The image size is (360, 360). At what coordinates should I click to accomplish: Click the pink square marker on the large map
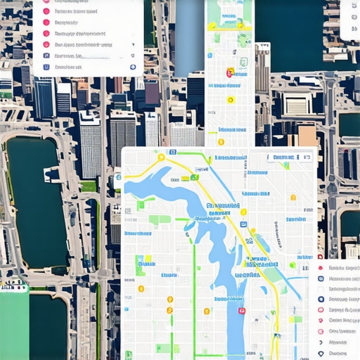pos(242,310)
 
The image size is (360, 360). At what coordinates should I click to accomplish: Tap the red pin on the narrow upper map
pos(229,72)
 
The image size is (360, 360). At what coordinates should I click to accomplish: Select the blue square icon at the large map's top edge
pos(172,152)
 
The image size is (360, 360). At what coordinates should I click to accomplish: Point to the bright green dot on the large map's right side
pos(292,265)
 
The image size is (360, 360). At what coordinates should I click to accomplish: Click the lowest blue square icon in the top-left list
pos(46,67)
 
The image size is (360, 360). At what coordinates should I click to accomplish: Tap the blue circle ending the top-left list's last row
pos(133,67)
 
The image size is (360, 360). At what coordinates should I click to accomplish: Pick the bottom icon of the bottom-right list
pos(321,353)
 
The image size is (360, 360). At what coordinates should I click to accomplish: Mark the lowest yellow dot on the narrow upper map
pos(221,142)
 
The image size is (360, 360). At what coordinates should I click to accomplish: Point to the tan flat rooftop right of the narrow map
pos(307,134)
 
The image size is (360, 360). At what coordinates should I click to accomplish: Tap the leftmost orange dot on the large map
pos(141,288)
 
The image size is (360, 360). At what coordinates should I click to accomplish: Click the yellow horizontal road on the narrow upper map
pos(229,25)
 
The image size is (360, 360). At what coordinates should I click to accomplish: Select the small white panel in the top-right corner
pos(349,19)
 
